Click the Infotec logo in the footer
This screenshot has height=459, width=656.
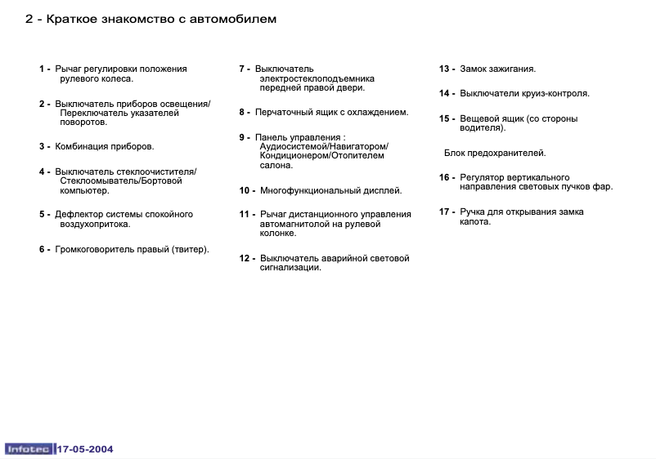point(29,448)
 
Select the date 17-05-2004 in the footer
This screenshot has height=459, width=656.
point(85,448)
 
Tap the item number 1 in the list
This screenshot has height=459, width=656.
point(42,69)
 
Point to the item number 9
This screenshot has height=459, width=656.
point(242,137)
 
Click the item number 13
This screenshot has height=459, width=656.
point(446,69)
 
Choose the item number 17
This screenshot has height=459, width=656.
point(446,212)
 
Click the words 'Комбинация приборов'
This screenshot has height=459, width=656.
point(105,147)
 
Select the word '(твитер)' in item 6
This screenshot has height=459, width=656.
point(191,250)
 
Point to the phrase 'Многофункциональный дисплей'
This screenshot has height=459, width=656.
point(331,190)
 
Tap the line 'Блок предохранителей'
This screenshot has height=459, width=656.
point(495,153)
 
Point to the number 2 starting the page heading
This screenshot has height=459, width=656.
point(29,19)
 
